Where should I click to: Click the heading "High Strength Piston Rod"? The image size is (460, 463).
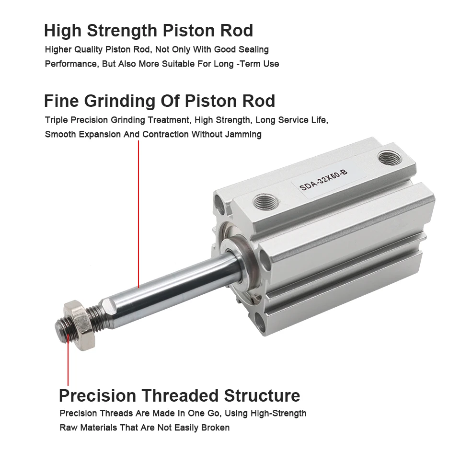(x=149, y=31)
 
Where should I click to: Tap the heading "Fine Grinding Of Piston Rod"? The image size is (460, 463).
(x=160, y=101)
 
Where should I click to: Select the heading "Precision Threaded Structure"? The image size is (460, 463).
(x=180, y=396)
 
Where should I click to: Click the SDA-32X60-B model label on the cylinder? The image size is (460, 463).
(x=323, y=180)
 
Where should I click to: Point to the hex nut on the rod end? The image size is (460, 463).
(x=79, y=325)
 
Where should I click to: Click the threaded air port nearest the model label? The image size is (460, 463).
(x=390, y=158)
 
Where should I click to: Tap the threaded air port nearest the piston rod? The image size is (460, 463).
(x=266, y=202)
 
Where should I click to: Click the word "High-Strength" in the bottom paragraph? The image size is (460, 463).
(x=278, y=413)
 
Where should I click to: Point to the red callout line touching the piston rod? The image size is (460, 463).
(x=138, y=214)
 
